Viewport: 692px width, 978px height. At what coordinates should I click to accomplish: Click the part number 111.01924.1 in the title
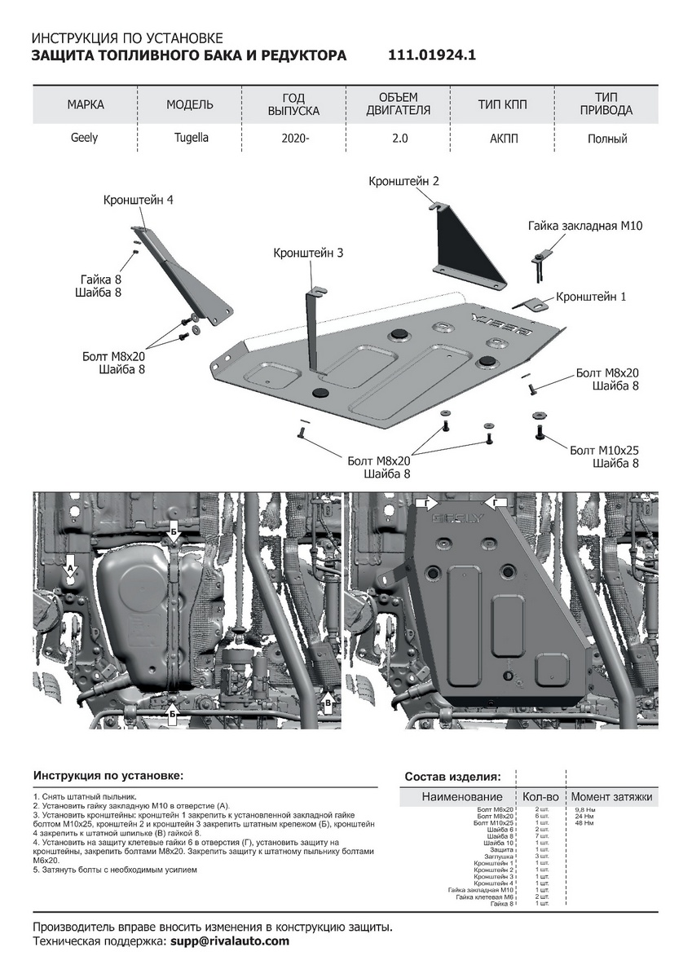(433, 55)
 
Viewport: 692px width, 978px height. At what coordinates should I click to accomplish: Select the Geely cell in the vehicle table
(83, 138)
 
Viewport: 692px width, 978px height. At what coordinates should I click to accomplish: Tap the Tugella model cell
(190, 138)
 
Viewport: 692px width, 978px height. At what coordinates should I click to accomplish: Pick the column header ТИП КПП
(503, 104)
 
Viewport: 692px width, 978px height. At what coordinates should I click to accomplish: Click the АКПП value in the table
(503, 139)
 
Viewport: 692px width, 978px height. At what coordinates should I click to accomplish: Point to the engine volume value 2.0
(399, 139)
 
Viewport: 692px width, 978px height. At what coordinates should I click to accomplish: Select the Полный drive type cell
(607, 139)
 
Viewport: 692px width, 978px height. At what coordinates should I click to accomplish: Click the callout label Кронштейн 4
(139, 200)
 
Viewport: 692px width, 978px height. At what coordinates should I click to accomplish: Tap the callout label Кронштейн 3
(308, 253)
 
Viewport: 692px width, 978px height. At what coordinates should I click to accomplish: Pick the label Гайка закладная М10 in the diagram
(585, 226)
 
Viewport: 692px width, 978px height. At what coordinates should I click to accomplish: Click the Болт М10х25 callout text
(604, 450)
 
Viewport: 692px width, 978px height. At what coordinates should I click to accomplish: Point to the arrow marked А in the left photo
(70, 567)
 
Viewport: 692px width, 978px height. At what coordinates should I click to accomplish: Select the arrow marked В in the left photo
(328, 701)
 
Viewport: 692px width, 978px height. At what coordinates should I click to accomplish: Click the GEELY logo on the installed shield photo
(457, 518)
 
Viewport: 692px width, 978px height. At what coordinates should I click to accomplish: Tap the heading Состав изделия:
(453, 776)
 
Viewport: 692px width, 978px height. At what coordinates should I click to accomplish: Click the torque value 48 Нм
(584, 823)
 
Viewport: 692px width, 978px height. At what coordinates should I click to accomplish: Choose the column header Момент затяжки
(611, 796)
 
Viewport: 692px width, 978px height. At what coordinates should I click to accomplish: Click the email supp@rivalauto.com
(229, 941)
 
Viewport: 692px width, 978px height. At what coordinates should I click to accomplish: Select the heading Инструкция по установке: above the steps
(108, 775)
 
